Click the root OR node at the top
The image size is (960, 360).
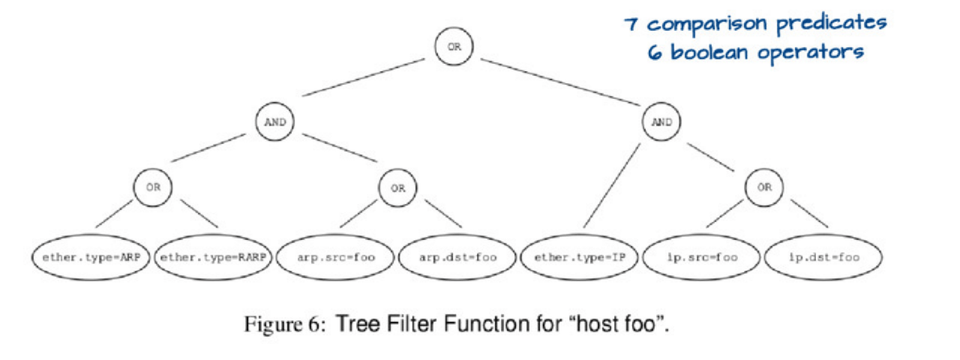click(x=454, y=46)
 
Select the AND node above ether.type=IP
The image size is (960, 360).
click(x=661, y=122)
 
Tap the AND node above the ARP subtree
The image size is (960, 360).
click(x=274, y=122)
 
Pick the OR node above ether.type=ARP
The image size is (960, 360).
click(x=153, y=187)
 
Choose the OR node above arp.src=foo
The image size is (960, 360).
click(x=397, y=187)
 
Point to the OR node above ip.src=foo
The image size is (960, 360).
click(x=763, y=187)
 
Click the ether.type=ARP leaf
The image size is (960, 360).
click(x=91, y=257)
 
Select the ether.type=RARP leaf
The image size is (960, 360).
click(x=213, y=257)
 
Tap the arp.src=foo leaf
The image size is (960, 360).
click(x=335, y=257)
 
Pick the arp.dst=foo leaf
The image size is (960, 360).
click(x=457, y=257)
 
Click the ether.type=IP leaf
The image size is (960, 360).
click(x=580, y=257)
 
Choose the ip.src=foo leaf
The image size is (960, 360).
click(x=702, y=257)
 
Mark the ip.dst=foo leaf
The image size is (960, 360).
click(x=823, y=257)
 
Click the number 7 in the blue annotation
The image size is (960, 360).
click(x=632, y=24)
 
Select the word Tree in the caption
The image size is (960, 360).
click(x=353, y=325)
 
